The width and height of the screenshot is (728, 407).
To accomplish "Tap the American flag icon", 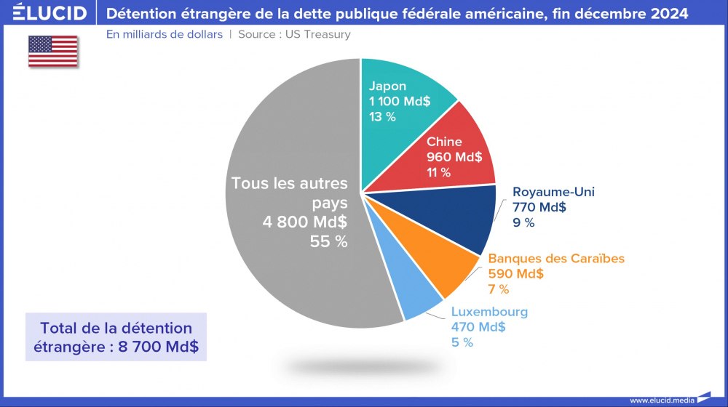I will [53, 51].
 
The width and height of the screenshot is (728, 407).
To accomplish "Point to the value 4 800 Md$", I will [305, 222].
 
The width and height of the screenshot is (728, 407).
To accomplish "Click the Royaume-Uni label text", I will [553, 192].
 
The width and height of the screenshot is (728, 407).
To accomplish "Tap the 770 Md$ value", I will [539, 207].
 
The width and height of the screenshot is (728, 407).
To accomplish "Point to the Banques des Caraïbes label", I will [556, 258].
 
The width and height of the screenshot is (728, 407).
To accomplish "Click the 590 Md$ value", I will [515, 273].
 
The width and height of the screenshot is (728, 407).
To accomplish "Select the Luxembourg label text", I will [489, 312].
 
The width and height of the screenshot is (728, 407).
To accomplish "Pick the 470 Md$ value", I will [478, 327].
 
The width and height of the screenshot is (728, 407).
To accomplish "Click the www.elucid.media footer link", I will [662, 400].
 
